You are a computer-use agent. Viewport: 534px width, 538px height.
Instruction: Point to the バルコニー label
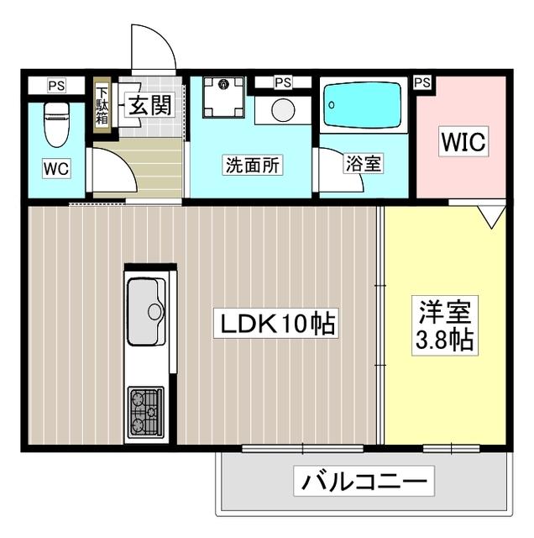(364, 483)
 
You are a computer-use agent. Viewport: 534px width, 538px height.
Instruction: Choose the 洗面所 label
(252, 165)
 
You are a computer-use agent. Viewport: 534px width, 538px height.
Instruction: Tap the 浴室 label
(363, 165)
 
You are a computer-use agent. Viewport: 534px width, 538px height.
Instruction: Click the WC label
(56, 168)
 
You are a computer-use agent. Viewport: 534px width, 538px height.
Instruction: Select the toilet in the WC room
(56, 123)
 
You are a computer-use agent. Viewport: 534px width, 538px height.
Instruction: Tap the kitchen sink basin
(146, 311)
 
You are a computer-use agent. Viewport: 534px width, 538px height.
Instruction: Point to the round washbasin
(283, 110)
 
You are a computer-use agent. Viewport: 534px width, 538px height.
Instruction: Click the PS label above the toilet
(56, 85)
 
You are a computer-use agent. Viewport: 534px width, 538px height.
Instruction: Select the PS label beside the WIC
(422, 82)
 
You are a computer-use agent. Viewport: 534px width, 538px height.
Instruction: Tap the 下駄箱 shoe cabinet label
(102, 105)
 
